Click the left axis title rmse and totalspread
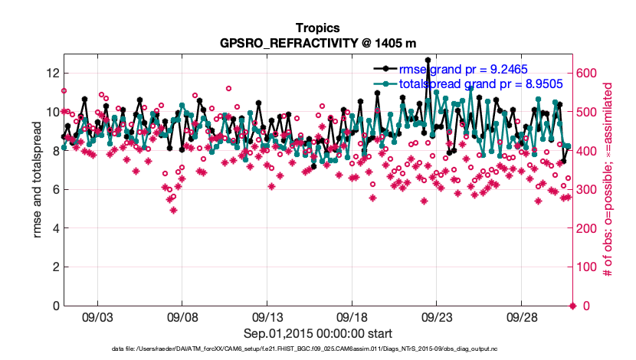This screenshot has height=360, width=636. tap(37, 181)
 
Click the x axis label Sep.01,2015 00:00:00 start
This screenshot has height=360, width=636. tap(317, 333)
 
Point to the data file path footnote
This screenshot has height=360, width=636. tap(317, 349)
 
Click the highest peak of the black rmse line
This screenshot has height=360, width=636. tap(428, 60)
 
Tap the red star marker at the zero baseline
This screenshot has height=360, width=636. tap(572, 306)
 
